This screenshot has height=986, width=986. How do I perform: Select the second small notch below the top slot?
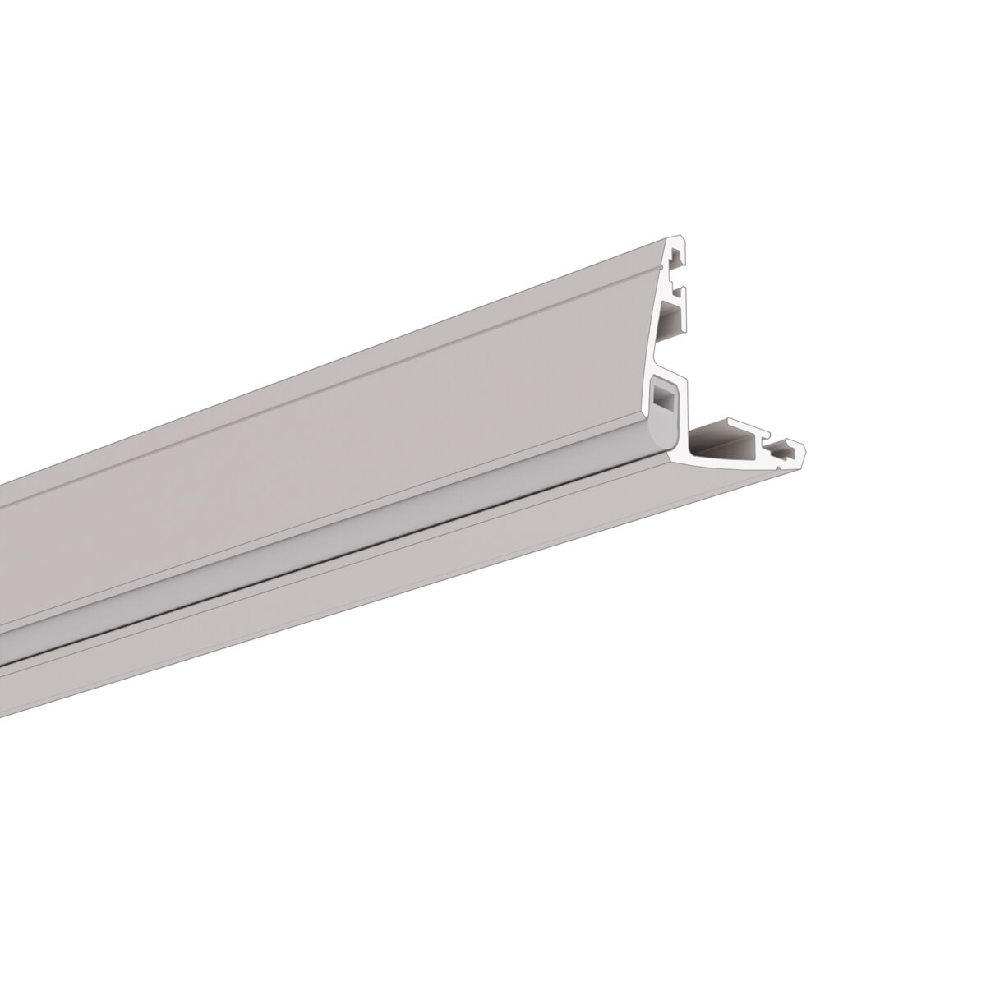[678, 293]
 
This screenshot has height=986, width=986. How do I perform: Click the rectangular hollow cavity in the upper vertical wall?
[670, 320]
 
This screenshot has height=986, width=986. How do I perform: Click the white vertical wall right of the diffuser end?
[683, 411]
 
